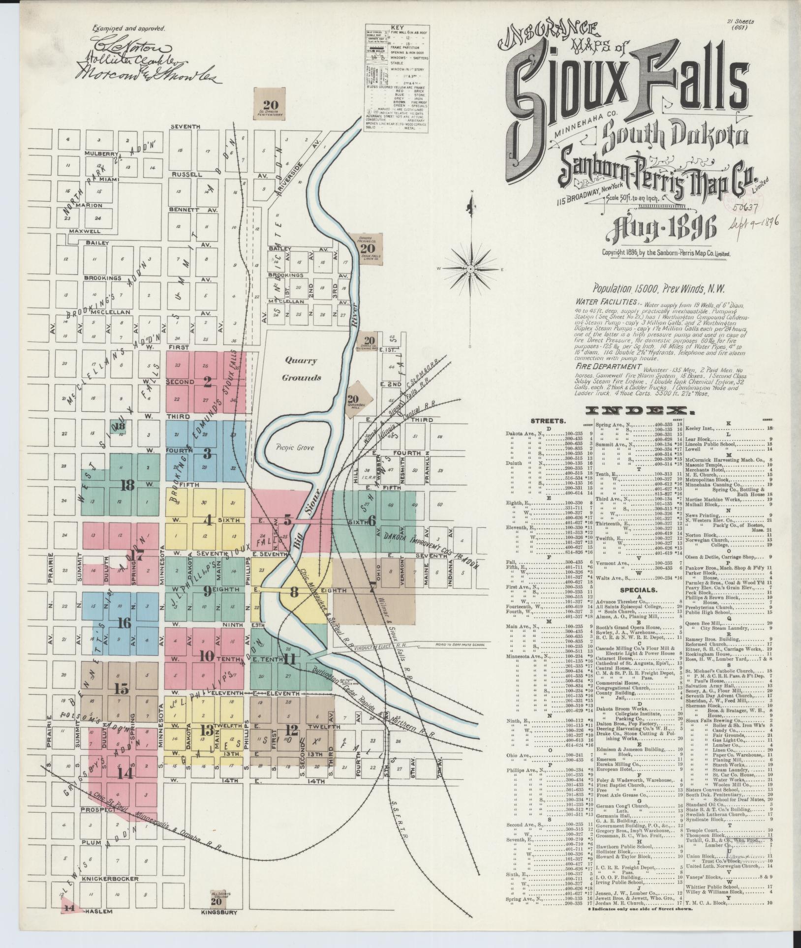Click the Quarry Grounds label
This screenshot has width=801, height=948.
pos(301,369)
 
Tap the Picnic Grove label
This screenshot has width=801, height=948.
pos(295,448)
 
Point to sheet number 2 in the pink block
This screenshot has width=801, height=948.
pos(208,380)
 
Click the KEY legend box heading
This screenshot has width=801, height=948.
pos(396,28)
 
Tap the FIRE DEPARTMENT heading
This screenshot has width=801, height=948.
pos(607,367)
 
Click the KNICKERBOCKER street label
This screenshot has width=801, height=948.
pos(110,879)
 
